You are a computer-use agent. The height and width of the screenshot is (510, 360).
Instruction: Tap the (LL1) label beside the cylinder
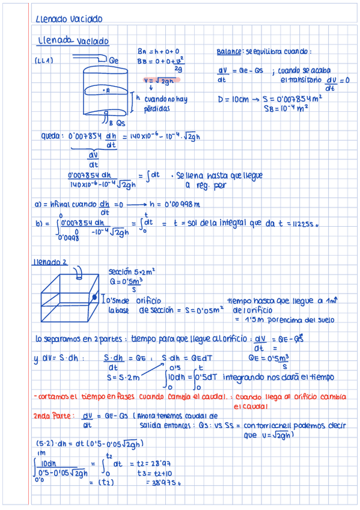(x=43, y=60)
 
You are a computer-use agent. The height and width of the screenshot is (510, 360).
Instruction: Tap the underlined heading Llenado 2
(x=51, y=262)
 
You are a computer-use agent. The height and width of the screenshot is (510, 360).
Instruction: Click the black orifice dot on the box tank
(x=94, y=297)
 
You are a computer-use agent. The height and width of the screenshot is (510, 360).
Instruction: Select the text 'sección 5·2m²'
(x=132, y=271)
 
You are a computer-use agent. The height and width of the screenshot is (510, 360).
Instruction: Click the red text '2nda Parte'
(x=53, y=415)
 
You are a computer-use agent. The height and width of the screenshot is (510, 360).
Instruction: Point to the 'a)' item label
(x=38, y=204)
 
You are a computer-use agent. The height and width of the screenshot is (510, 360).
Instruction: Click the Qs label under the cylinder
(x=120, y=123)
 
